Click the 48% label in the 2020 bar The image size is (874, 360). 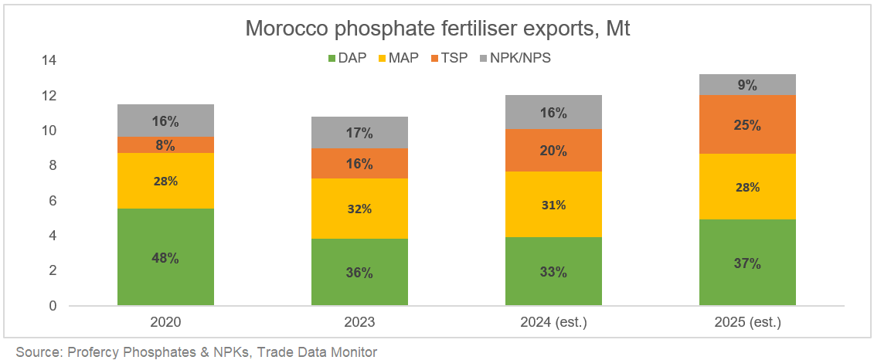165,258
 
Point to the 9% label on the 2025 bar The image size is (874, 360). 747,85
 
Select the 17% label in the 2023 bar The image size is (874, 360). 359,133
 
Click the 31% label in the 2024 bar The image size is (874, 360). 553,205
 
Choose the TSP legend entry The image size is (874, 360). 448,57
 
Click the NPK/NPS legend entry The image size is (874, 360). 515,57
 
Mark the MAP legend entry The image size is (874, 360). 399,57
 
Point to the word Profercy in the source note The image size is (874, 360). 93,352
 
